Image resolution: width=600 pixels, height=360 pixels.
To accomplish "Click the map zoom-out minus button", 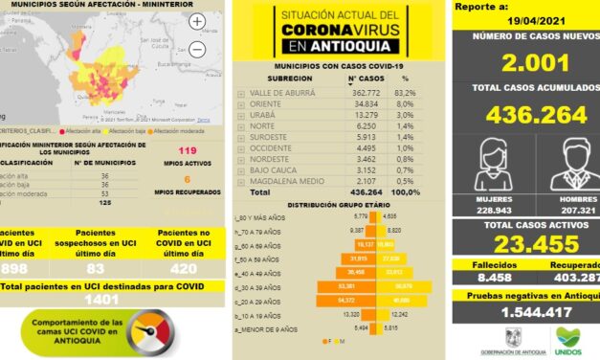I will coord(197,49).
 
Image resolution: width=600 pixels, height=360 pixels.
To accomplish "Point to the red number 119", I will coord(188,151).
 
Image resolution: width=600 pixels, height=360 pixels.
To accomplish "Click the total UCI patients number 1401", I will coord(112,299).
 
